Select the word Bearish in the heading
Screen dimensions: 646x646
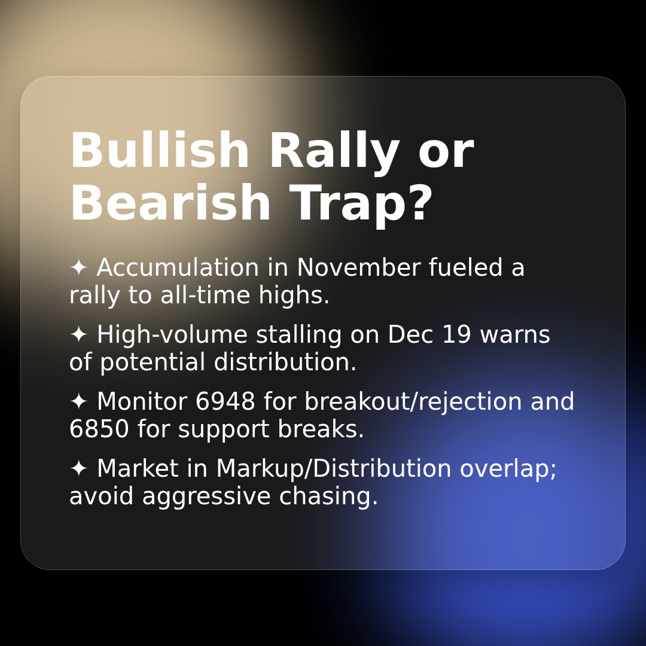(170, 204)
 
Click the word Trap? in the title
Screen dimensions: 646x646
(361, 204)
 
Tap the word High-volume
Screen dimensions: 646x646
(172, 335)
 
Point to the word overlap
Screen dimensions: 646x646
(508, 469)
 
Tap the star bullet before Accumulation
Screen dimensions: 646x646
(78, 267)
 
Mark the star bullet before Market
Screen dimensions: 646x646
(78, 468)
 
